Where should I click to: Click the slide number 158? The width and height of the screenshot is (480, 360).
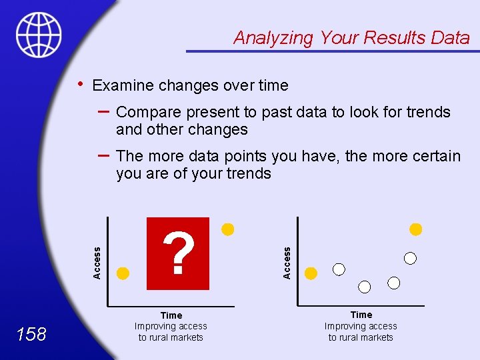[32, 334]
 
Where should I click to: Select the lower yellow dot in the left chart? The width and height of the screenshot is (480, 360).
[123, 273]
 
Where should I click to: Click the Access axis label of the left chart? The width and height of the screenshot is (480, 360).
[97, 263]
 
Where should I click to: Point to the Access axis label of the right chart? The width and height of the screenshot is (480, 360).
[287, 263]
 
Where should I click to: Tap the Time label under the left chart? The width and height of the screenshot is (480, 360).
[171, 315]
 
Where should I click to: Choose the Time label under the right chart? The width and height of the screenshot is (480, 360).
[361, 314]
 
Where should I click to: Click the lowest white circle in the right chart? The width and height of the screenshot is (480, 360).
[365, 287]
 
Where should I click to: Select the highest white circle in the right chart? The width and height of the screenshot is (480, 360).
[411, 257]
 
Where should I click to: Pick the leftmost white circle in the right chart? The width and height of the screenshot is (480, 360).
[339, 269]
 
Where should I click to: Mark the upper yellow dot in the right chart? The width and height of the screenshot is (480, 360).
[416, 229]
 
